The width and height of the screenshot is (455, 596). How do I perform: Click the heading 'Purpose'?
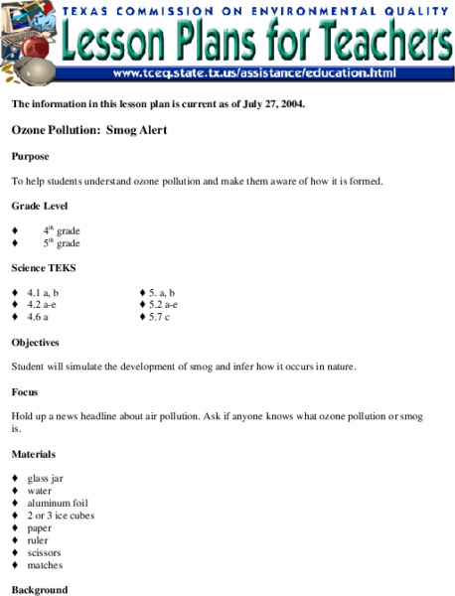(30, 156)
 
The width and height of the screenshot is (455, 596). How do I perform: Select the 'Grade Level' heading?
(40, 206)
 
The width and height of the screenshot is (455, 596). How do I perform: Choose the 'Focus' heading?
(25, 391)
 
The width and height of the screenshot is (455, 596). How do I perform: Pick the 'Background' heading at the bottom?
(40, 589)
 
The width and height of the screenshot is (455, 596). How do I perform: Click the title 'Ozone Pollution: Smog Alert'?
(89, 129)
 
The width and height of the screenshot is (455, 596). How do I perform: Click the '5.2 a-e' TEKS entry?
(162, 305)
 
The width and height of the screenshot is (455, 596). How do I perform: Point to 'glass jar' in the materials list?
(45, 478)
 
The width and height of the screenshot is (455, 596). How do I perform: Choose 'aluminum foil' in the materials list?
(57, 503)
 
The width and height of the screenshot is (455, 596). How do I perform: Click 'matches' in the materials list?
(45, 565)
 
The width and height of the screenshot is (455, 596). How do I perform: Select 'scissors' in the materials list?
(45, 552)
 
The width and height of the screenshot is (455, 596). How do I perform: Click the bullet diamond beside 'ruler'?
(15, 540)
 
